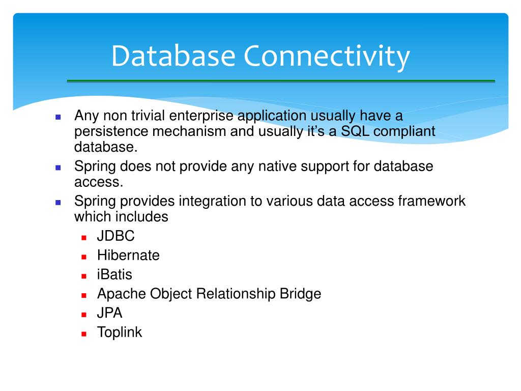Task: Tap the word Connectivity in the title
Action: (326, 57)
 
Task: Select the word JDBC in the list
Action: (116, 236)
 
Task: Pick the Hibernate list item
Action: (128, 256)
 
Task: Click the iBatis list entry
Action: (114, 275)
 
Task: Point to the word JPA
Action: (110, 313)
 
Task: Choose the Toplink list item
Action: (120, 332)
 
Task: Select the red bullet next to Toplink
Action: (84, 334)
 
